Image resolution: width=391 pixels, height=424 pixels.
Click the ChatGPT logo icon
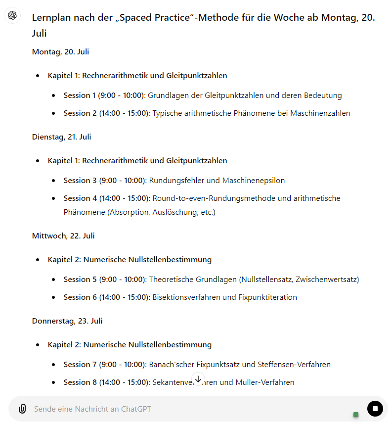tap(12, 15)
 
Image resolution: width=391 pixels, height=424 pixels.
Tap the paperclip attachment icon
tap(22, 409)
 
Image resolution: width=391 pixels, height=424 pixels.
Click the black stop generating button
tap(375, 409)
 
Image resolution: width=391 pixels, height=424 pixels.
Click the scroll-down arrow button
tap(198, 379)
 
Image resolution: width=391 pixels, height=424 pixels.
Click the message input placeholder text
tap(92, 409)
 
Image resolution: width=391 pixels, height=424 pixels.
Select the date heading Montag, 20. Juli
tap(60, 51)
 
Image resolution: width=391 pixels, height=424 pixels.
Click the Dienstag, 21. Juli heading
tap(61, 137)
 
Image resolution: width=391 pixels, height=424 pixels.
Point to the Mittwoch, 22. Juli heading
tap(63, 236)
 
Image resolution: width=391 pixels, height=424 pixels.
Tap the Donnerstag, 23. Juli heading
tap(67, 321)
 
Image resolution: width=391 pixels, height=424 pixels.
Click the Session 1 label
tap(80, 95)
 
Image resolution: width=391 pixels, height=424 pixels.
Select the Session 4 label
tap(80, 198)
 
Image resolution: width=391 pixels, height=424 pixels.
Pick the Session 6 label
tap(80, 297)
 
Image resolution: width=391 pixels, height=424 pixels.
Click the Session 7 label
tap(80, 364)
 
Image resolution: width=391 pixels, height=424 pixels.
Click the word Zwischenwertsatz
tap(327, 279)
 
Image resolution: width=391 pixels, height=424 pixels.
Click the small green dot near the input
tap(356, 414)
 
